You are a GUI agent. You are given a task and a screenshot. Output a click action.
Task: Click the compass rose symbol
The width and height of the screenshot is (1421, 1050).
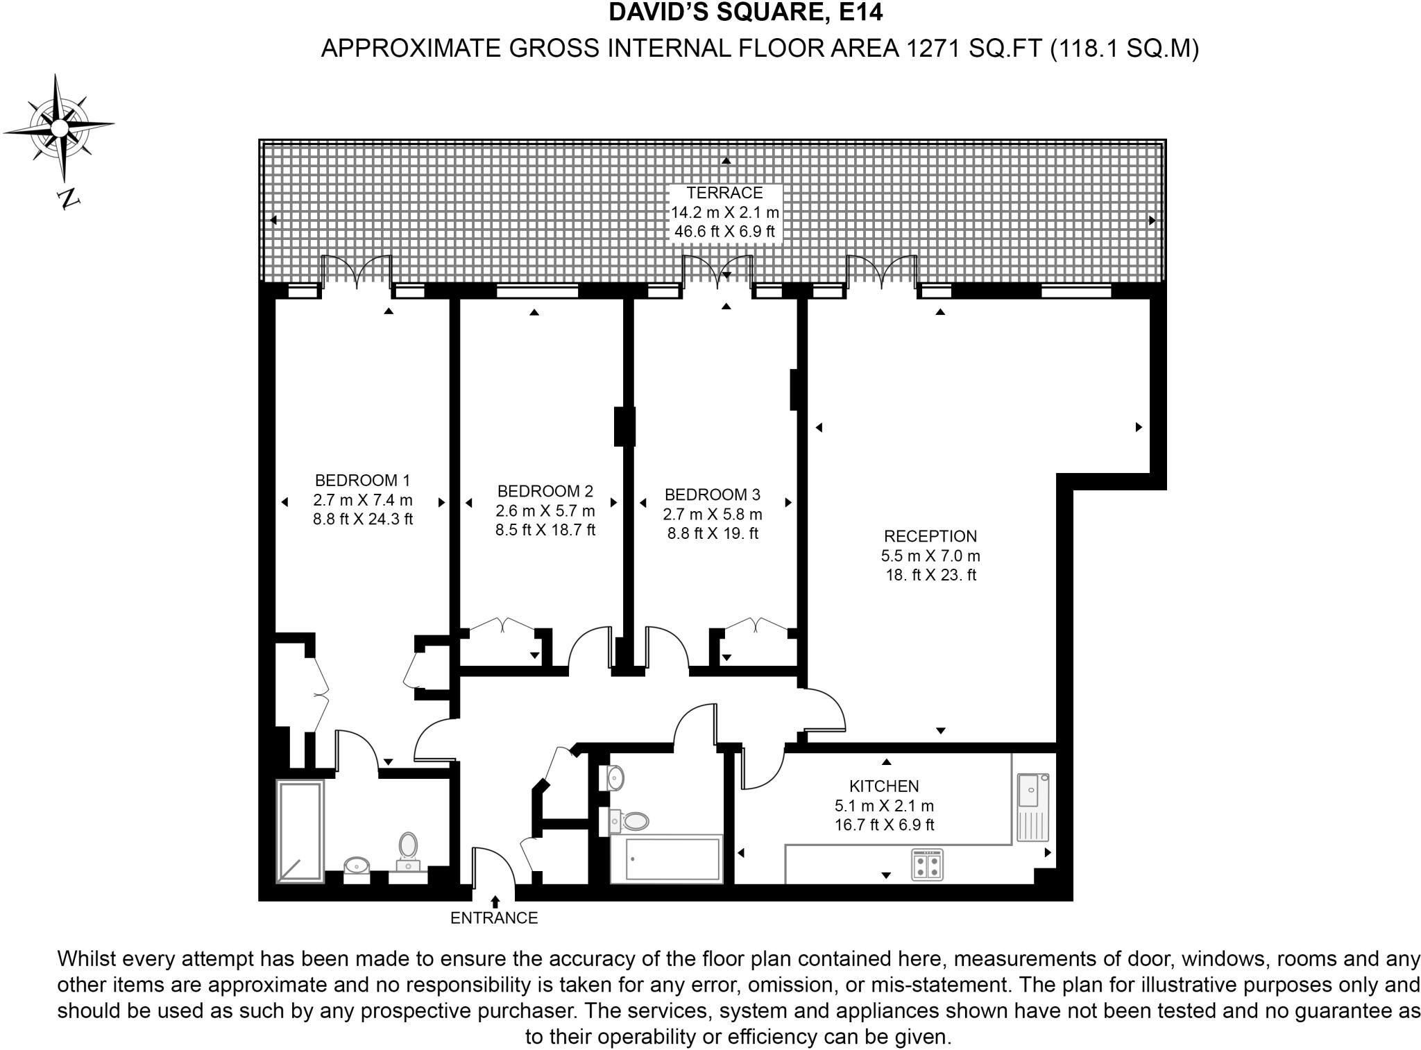coord(60,128)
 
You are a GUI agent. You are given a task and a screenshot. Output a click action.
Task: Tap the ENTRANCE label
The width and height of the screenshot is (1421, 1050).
coord(494,918)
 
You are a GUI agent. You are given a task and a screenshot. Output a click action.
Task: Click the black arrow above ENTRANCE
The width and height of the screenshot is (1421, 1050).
coord(495,901)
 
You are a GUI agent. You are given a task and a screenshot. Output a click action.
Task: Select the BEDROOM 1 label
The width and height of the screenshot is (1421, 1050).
coord(362,480)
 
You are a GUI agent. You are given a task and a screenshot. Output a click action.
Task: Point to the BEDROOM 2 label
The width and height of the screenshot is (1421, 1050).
coord(545,491)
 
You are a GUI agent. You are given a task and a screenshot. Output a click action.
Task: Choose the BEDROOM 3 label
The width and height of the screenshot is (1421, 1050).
coord(712,494)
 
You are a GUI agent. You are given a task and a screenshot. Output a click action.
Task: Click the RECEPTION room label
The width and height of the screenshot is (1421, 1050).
coord(930,536)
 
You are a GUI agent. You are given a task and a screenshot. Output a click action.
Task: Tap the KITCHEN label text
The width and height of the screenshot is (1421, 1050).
coord(884,786)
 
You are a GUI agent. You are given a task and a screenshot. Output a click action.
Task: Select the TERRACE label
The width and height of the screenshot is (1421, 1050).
coord(724,193)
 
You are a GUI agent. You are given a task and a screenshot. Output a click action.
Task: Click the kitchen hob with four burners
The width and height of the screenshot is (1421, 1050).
coord(927,865)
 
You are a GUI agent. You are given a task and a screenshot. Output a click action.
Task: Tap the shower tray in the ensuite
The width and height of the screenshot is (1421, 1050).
coord(300,831)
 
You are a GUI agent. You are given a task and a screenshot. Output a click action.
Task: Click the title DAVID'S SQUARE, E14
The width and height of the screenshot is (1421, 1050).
coord(746,12)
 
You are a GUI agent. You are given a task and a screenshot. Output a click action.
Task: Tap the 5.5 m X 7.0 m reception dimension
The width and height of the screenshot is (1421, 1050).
coord(930,556)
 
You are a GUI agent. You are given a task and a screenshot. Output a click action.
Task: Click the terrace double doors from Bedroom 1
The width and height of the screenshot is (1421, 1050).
coord(356,272)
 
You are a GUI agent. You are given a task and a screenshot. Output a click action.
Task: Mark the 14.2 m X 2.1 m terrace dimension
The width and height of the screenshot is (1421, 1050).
coord(724,212)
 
